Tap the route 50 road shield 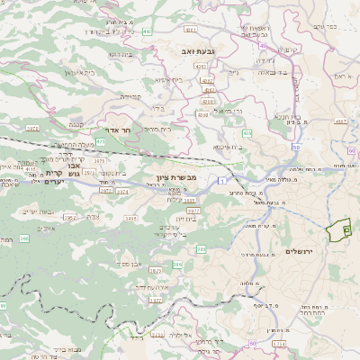point(295,147)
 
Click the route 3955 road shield point(130,217)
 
